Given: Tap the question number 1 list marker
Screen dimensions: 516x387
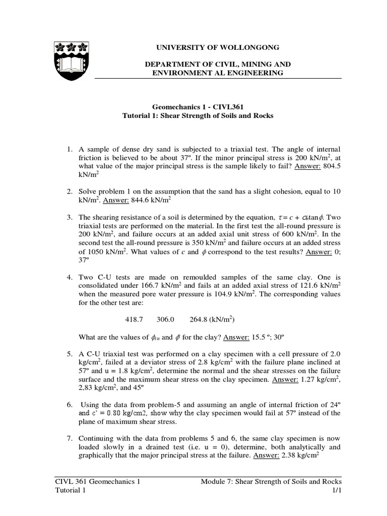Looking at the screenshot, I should [70, 150].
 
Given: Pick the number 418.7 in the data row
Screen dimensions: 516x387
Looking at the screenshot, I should [134, 319].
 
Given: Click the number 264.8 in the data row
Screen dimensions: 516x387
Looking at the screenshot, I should [199, 319].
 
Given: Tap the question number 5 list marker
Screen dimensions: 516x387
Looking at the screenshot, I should [70, 354].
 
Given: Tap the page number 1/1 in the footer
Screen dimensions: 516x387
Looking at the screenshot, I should [336, 490].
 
